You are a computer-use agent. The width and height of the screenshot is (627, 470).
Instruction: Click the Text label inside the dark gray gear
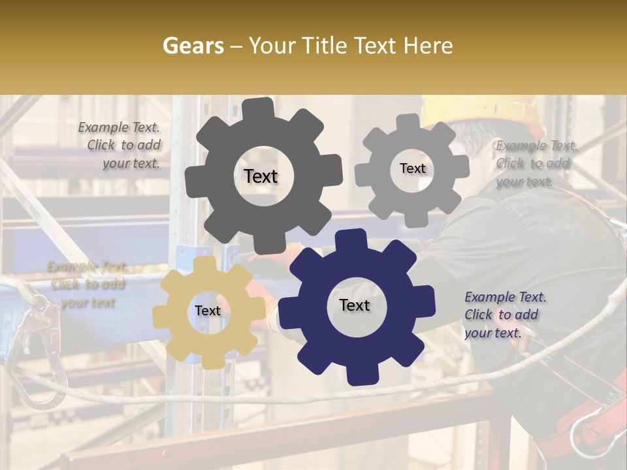(x=261, y=176)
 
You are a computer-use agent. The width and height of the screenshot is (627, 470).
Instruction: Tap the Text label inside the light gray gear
(x=412, y=168)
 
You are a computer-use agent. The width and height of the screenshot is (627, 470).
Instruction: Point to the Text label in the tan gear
(x=208, y=311)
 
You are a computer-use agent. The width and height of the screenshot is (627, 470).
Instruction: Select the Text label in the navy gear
(x=355, y=305)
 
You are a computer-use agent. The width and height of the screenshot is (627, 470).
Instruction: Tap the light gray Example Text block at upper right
(x=534, y=163)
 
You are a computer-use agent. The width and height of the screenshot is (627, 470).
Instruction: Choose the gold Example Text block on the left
(x=88, y=285)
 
